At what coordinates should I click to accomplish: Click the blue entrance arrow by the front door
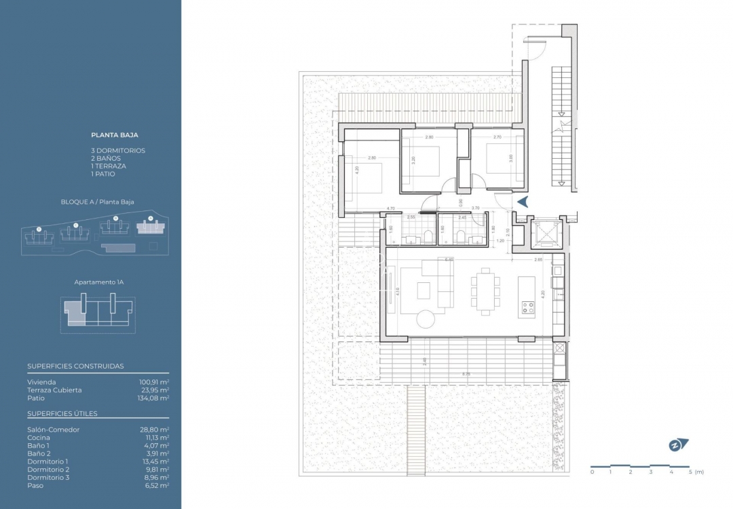click(x=523, y=202)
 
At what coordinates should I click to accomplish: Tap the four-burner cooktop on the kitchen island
click(x=527, y=309)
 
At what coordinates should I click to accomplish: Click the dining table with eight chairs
click(x=486, y=290)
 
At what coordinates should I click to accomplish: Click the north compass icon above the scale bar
click(x=677, y=445)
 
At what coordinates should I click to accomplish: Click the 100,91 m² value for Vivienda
click(x=154, y=382)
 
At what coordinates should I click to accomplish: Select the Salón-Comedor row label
click(x=54, y=430)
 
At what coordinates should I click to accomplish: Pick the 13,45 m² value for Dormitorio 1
click(x=154, y=461)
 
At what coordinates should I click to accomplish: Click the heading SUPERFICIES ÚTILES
click(x=62, y=413)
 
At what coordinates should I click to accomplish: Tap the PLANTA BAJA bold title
click(x=115, y=135)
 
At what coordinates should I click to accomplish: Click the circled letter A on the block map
click(x=151, y=219)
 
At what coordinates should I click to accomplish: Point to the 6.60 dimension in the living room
click(x=449, y=259)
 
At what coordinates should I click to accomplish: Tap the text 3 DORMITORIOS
click(x=118, y=151)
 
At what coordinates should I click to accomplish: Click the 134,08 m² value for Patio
click(x=154, y=398)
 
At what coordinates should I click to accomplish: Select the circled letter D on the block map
click(x=39, y=229)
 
